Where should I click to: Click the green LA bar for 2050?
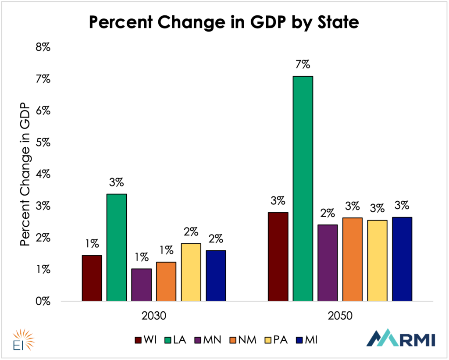303,189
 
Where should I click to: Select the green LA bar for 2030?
117,247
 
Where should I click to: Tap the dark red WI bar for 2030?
92,278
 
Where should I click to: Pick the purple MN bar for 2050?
328,263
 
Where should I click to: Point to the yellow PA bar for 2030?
191,272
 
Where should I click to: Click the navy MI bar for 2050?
402,259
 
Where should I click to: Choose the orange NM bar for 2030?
166,281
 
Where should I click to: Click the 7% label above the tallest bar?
303,65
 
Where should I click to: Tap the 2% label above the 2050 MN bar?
328,214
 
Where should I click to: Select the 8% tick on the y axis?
43,47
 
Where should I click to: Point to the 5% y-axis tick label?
43,143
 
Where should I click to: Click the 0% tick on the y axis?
43,301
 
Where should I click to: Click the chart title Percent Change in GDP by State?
224,22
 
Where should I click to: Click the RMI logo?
401,338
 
